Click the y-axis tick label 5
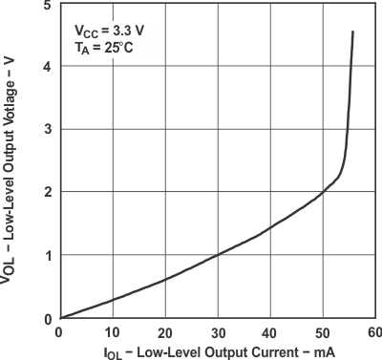47,6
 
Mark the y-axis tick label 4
47,66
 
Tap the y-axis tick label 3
47,129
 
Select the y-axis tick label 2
47,192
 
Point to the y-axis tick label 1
47,255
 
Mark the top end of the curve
353,32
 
